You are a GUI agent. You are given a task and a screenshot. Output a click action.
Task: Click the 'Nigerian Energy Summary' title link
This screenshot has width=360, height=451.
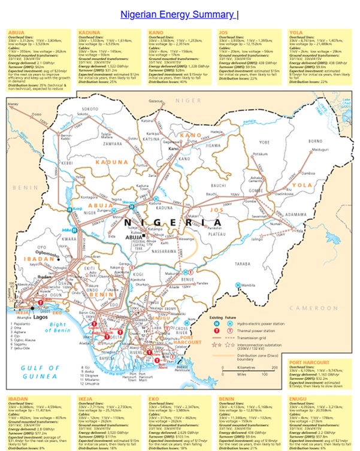[177, 14]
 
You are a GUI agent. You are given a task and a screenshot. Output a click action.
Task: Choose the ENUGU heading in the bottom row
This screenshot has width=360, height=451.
[298, 398]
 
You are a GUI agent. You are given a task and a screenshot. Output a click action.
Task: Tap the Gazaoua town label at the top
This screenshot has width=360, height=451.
[156, 102]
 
